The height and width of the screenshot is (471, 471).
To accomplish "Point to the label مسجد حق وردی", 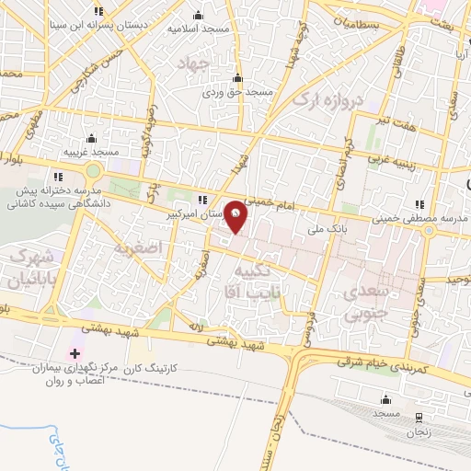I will (x=238, y=93).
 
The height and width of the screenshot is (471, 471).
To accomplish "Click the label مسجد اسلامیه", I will (x=198, y=29).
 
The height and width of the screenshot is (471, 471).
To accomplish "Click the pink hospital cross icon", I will (x=75, y=354).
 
